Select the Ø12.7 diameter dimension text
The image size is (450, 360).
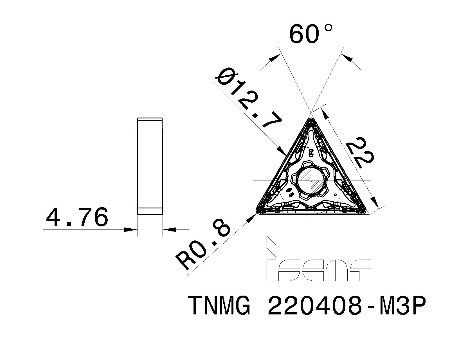coord(249,100)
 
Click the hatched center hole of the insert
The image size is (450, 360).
coord(311,180)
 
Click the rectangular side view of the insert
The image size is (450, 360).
coord(150,166)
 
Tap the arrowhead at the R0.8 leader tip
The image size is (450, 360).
coord(252,218)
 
